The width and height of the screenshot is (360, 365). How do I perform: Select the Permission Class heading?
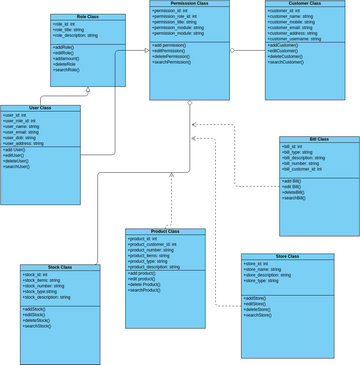click(x=190, y=4)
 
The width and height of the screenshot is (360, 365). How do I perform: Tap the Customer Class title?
click(x=303, y=4)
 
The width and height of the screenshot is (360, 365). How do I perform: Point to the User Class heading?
click(x=40, y=108)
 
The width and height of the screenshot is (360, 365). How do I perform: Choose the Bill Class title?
click(x=319, y=139)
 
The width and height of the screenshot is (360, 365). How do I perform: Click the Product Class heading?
click(x=165, y=232)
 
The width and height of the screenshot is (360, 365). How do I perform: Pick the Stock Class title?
click(x=60, y=267)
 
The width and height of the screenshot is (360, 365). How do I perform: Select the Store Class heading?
click(x=287, y=257)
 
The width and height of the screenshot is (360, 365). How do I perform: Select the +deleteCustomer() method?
click(x=290, y=57)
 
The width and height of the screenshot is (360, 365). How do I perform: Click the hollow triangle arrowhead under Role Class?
click(x=88, y=90)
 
